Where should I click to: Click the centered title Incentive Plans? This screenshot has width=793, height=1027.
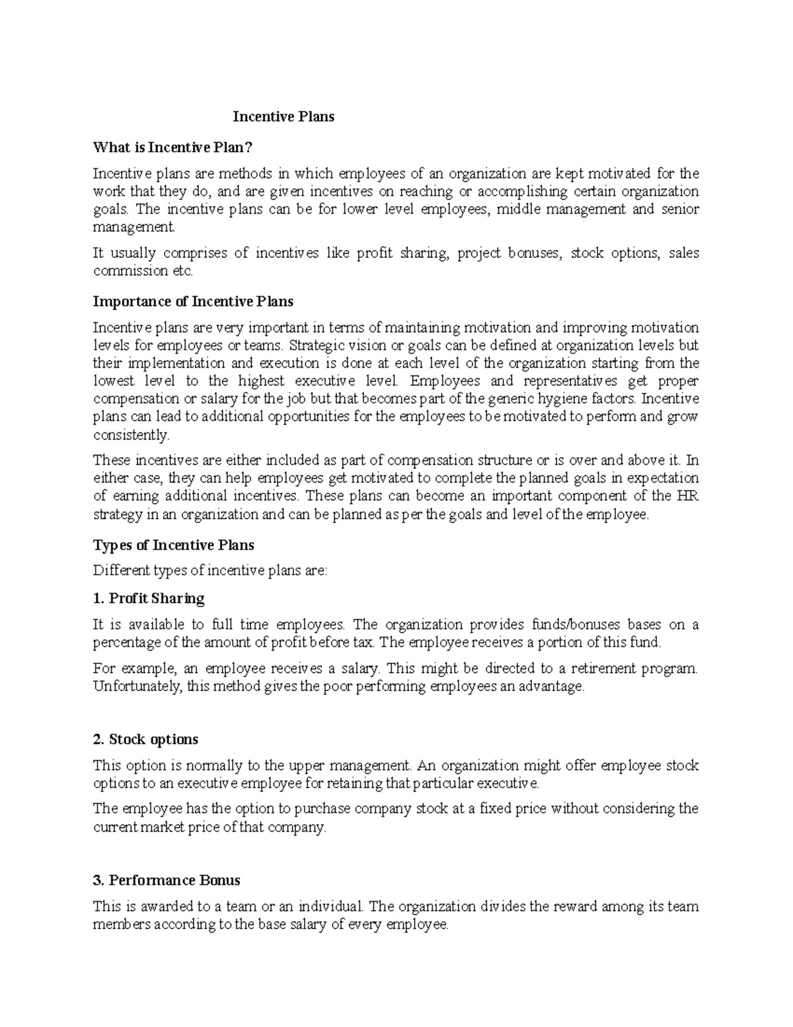pyautogui.click(x=283, y=117)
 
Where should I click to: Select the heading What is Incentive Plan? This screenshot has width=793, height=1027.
pyautogui.click(x=173, y=147)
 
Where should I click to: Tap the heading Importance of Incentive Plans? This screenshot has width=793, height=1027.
pyautogui.click(x=193, y=302)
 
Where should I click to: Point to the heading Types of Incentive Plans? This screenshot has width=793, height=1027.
pyautogui.click(x=174, y=546)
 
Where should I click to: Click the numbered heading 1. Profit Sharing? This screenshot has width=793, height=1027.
pyautogui.click(x=149, y=598)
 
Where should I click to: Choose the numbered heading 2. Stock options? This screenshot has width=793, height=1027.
pyautogui.click(x=145, y=739)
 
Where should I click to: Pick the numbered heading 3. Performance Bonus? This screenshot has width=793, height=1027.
pyautogui.click(x=167, y=880)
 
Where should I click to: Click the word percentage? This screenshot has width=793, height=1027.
pyautogui.click(x=127, y=642)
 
